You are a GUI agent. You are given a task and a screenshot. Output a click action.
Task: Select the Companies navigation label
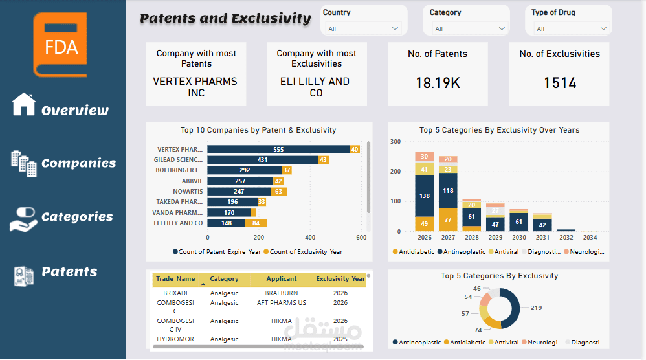coord(78,163)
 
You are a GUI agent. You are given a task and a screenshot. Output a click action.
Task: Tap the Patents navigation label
coord(69,272)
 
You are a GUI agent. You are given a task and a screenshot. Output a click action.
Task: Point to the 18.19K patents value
coord(437,83)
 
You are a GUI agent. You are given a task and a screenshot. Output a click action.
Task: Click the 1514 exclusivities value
coord(559,83)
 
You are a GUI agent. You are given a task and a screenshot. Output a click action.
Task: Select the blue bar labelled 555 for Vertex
coord(278,150)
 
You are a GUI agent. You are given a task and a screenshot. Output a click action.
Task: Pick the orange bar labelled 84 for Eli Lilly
coord(256,223)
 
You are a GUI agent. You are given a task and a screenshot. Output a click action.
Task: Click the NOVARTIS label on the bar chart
coord(188,192)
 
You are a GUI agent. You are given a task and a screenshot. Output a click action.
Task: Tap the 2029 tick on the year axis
coord(495,238)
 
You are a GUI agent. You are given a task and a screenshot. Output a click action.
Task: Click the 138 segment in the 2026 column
coord(424,196)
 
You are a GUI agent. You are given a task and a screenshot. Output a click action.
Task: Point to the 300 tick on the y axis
coord(395,142)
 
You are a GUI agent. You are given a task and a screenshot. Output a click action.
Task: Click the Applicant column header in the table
coord(282,279)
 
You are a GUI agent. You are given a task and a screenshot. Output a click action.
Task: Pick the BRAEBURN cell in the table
coord(282,293)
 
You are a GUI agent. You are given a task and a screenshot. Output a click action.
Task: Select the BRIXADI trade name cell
coord(175,293)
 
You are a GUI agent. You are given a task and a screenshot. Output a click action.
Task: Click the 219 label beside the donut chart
coord(536,308)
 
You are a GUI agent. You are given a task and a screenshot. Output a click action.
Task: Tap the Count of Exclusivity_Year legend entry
coord(306,251)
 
